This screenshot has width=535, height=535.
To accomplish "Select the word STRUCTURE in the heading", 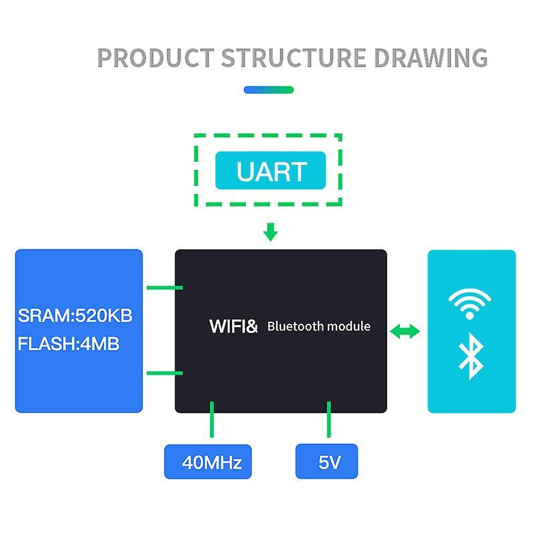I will [x=294, y=58].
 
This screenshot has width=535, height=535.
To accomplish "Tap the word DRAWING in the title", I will [x=431, y=58].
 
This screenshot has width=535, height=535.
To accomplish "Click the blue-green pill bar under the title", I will [x=269, y=90].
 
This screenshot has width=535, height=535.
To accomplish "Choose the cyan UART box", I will [x=270, y=171].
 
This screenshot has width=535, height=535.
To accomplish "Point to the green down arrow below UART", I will [x=270, y=232].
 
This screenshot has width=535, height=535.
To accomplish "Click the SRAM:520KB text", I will [x=76, y=315].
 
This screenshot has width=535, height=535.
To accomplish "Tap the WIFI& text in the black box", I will [x=233, y=326].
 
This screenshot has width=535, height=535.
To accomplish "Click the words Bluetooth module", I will [x=319, y=326].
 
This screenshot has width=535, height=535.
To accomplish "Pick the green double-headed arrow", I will [x=405, y=331].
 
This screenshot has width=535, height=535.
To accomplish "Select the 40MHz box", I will [x=208, y=461].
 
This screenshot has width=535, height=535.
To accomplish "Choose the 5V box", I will [x=326, y=461].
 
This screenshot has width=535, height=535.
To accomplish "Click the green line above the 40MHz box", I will [x=212, y=420].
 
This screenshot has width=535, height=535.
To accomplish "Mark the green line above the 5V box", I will [x=329, y=420].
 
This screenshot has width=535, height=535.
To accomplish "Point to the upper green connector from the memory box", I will [x=164, y=288].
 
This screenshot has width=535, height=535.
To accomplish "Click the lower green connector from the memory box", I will [x=164, y=372].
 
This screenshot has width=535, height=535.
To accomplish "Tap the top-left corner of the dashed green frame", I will [x=196, y=136].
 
